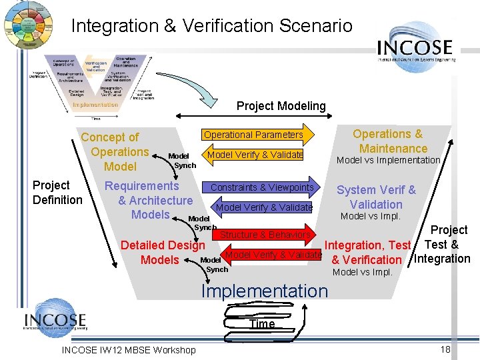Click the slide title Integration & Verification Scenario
coord(211,26)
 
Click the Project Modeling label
coord(281,106)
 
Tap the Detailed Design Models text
coord(162,252)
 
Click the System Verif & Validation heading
coord(376,197)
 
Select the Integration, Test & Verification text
coord(367,253)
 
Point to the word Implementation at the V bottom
coord(265,291)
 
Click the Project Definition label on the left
coord(57,193)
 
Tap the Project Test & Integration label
coord(445,244)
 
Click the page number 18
coord(446,350)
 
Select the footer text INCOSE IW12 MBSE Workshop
coord(129,350)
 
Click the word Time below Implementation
coord(261,324)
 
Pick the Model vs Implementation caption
coord(388,160)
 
